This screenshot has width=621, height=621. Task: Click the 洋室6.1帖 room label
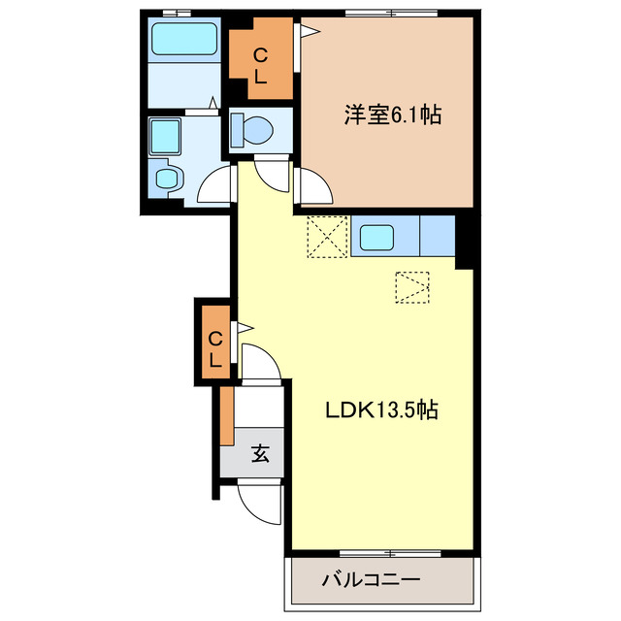(391, 115)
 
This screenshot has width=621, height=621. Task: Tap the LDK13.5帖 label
(381, 410)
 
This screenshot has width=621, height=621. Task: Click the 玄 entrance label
(261, 452)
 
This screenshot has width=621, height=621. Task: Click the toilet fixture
(256, 130)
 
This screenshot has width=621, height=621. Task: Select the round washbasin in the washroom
(168, 178)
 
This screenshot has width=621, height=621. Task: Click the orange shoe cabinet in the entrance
(226, 415)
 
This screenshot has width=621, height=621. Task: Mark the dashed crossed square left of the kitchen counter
(327, 237)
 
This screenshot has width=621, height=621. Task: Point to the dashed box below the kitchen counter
(411, 287)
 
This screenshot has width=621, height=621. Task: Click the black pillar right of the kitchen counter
(465, 240)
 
